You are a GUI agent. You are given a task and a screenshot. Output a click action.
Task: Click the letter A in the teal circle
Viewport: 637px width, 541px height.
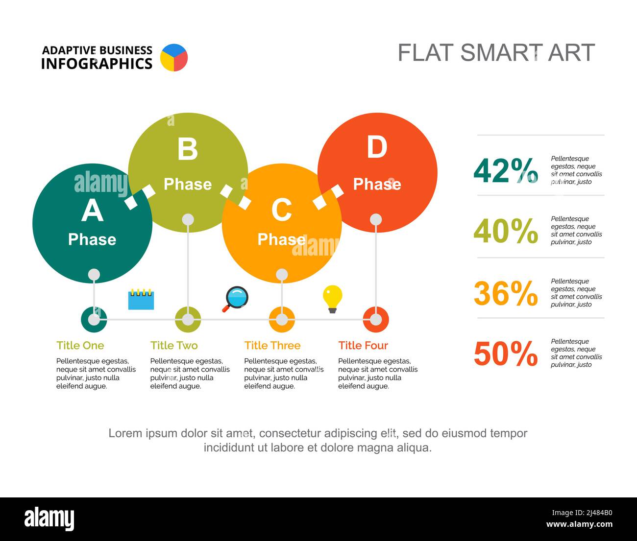click(92, 211)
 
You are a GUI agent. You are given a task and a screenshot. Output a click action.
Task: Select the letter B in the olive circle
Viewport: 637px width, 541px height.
click(188, 149)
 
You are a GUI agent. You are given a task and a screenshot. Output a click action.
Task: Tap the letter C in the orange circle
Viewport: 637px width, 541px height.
click(282, 210)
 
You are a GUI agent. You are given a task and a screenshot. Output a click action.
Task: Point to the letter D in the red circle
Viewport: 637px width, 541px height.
click(377, 147)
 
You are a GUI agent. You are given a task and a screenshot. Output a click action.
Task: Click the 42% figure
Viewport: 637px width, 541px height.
click(506, 170)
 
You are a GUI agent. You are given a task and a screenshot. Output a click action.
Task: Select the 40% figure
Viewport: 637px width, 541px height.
click(506, 231)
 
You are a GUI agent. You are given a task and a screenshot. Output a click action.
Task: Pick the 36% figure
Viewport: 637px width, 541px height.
click(506, 293)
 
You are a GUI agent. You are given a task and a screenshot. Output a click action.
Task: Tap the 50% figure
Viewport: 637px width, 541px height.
click(506, 353)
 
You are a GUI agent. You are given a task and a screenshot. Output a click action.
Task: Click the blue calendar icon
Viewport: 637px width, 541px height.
click(141, 300)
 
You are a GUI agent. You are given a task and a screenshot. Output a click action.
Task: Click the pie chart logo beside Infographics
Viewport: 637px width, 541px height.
click(174, 58)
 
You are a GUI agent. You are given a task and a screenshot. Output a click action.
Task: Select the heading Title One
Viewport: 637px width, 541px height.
click(80, 345)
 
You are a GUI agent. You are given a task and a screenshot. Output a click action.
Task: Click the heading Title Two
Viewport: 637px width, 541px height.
click(174, 345)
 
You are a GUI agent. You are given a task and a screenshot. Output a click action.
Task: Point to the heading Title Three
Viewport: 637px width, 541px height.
click(272, 345)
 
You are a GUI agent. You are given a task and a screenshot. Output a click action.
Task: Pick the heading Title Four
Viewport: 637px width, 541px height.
click(363, 345)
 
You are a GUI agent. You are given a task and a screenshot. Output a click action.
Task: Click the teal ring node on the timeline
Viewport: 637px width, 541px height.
click(94, 320)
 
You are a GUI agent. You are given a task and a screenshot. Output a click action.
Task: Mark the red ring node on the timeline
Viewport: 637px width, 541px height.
click(376, 320)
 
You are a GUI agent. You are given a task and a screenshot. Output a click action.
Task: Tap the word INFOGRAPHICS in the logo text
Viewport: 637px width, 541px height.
click(97, 64)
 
